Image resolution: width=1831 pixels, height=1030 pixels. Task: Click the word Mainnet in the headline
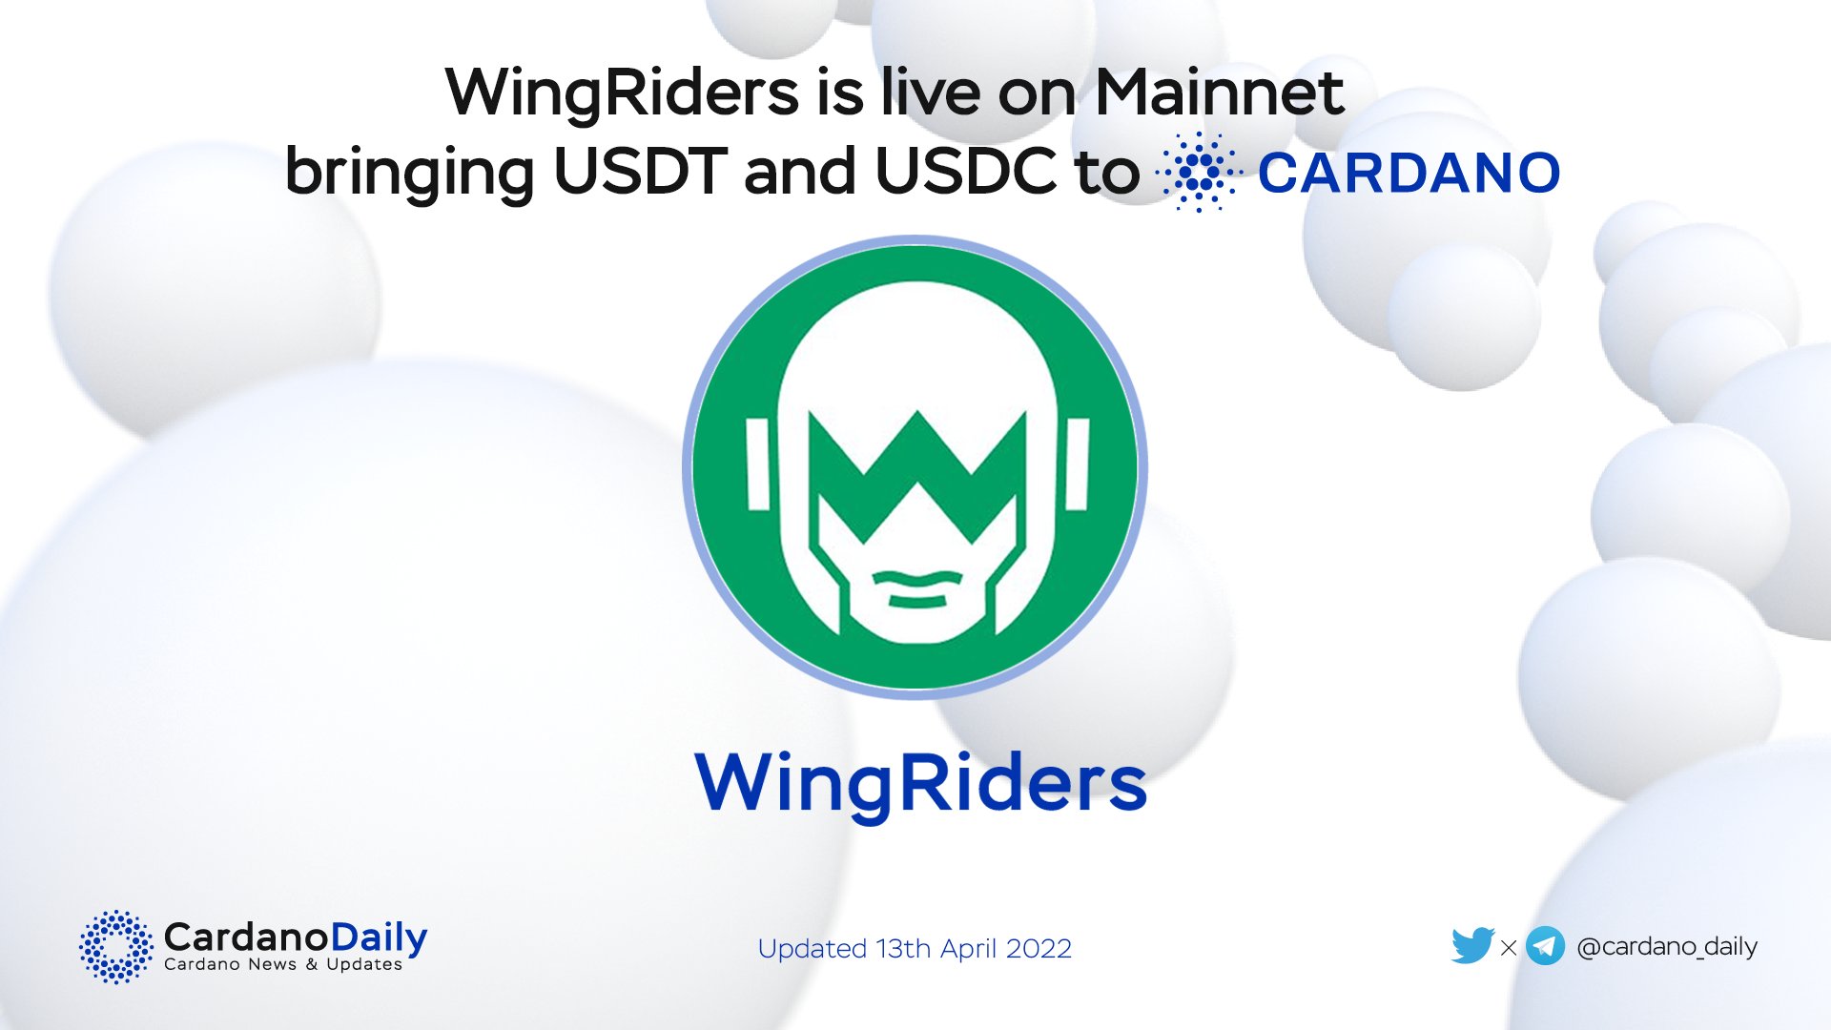1219,93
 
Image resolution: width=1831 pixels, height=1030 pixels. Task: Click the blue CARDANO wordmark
1409,173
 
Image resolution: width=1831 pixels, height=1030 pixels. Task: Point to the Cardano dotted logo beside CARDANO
1199,173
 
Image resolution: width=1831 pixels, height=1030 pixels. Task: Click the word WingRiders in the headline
622,93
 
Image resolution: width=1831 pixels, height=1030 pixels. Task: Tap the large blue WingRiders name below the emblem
920,783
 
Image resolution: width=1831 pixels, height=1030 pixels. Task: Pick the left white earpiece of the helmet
758,464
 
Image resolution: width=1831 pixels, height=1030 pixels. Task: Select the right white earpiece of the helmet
1077,464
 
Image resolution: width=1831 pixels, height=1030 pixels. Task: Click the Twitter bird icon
1471,946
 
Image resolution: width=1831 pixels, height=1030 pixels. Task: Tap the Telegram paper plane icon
1545,946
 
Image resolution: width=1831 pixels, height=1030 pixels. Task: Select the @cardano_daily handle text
1667,946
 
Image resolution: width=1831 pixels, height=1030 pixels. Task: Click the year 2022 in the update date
1039,949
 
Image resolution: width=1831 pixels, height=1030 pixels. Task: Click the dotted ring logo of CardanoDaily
115,946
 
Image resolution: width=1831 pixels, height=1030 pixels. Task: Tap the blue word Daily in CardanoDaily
379,937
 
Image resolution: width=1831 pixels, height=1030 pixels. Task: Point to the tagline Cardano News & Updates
283,965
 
